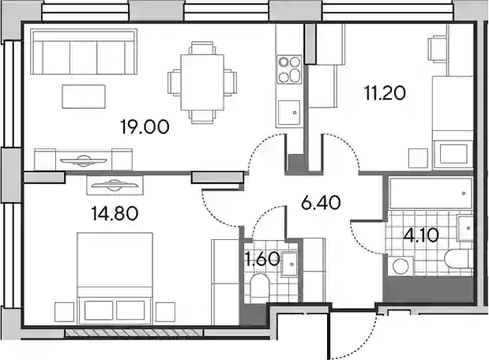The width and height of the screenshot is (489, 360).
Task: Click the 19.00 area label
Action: coord(145,127)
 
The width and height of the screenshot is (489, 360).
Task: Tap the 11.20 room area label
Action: coord(386,93)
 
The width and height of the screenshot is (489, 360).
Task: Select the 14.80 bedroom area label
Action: coord(115,214)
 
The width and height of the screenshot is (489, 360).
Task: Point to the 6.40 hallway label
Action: coord(321,203)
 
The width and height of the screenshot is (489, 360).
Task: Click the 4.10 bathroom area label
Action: coord(421,235)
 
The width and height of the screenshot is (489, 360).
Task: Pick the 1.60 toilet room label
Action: coord(262,259)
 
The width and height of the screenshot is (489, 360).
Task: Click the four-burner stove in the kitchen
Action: coord(289,69)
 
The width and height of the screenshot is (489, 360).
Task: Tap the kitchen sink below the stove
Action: coord(289,112)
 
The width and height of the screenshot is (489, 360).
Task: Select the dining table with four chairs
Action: coord(202,82)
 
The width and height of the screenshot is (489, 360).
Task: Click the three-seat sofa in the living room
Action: coord(84,52)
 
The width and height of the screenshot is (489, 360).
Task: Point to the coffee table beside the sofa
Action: coord(84,96)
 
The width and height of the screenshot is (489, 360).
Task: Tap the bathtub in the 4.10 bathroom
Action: coord(431,193)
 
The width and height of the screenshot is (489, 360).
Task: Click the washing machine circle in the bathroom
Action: coord(401,267)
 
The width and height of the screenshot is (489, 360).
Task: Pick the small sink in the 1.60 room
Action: coord(290,264)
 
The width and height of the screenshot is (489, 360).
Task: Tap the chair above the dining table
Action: coord(202,48)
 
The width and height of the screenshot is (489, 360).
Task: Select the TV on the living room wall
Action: coord(83,160)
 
